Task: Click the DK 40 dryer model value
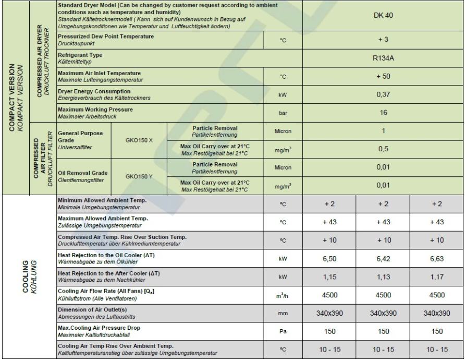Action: pos(383,16)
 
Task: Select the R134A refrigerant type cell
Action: pos(383,58)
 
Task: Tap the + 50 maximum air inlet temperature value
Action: pos(383,76)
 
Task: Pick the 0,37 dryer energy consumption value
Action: pos(383,94)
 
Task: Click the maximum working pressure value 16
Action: pos(383,113)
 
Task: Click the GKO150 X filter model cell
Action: pos(139,140)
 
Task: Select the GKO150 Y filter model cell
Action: pos(139,176)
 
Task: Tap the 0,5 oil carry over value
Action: pos(383,149)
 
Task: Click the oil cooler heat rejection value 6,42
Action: pos(383,258)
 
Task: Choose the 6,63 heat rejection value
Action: pos(437,258)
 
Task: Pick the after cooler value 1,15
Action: pos(329,276)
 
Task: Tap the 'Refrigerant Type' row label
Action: pos(80,55)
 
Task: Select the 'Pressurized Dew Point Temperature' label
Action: pos(106,37)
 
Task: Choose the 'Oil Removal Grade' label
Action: pos(82,173)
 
